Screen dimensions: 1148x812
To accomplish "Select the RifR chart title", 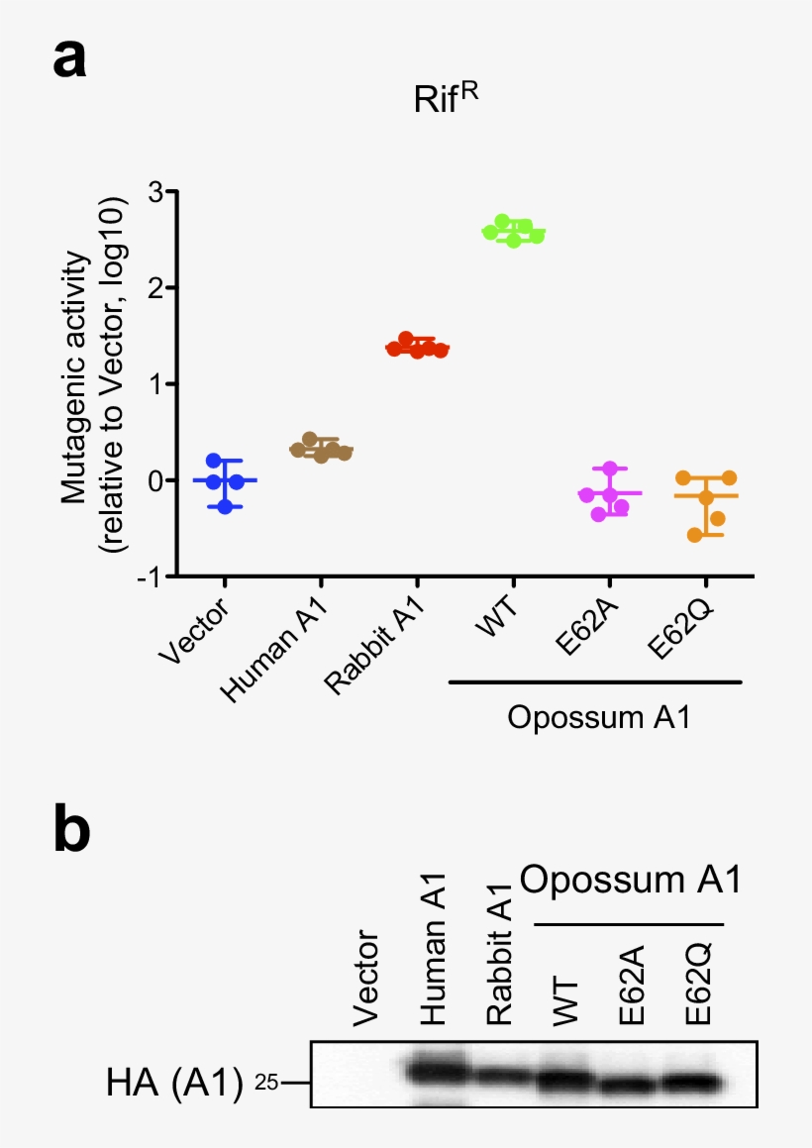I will click(446, 100).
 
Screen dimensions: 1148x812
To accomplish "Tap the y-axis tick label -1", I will click(151, 576).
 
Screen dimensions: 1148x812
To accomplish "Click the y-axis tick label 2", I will click(155, 287).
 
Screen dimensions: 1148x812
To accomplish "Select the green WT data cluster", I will click(513, 231).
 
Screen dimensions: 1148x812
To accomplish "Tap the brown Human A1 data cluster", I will click(320, 449).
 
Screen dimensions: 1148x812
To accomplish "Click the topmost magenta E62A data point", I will click(610, 469).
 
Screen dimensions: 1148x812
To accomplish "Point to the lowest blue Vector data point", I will click(225, 506).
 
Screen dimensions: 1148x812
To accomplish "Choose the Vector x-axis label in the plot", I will click(194, 633).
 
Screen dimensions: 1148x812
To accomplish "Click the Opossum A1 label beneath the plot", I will click(597, 717).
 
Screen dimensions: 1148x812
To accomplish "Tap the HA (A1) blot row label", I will click(172, 1083).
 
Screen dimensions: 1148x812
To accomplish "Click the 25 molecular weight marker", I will click(268, 1083).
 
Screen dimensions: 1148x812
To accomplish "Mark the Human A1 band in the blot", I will click(435, 1071).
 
